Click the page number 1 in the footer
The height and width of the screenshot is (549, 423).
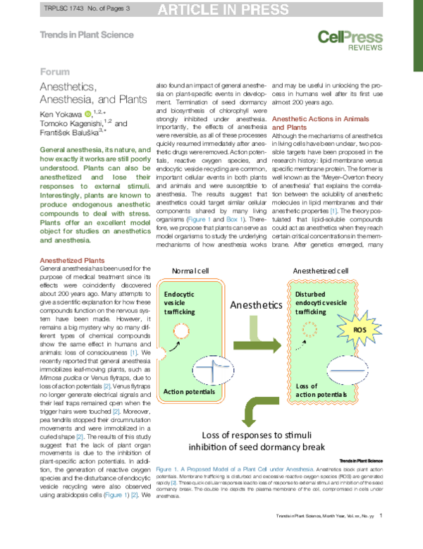pos(381,536)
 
